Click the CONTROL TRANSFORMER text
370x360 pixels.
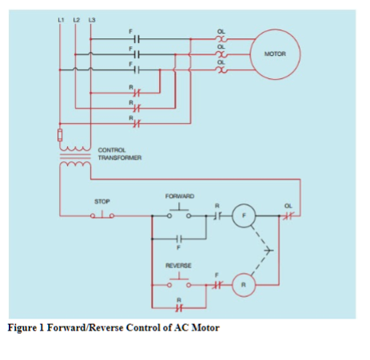119,154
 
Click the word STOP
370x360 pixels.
102,203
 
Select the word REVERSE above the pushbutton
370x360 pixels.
177,264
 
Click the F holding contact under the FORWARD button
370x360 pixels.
179,239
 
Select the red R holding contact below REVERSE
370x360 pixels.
179,306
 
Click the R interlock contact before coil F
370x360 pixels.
216,216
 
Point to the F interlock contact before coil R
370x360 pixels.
216,283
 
